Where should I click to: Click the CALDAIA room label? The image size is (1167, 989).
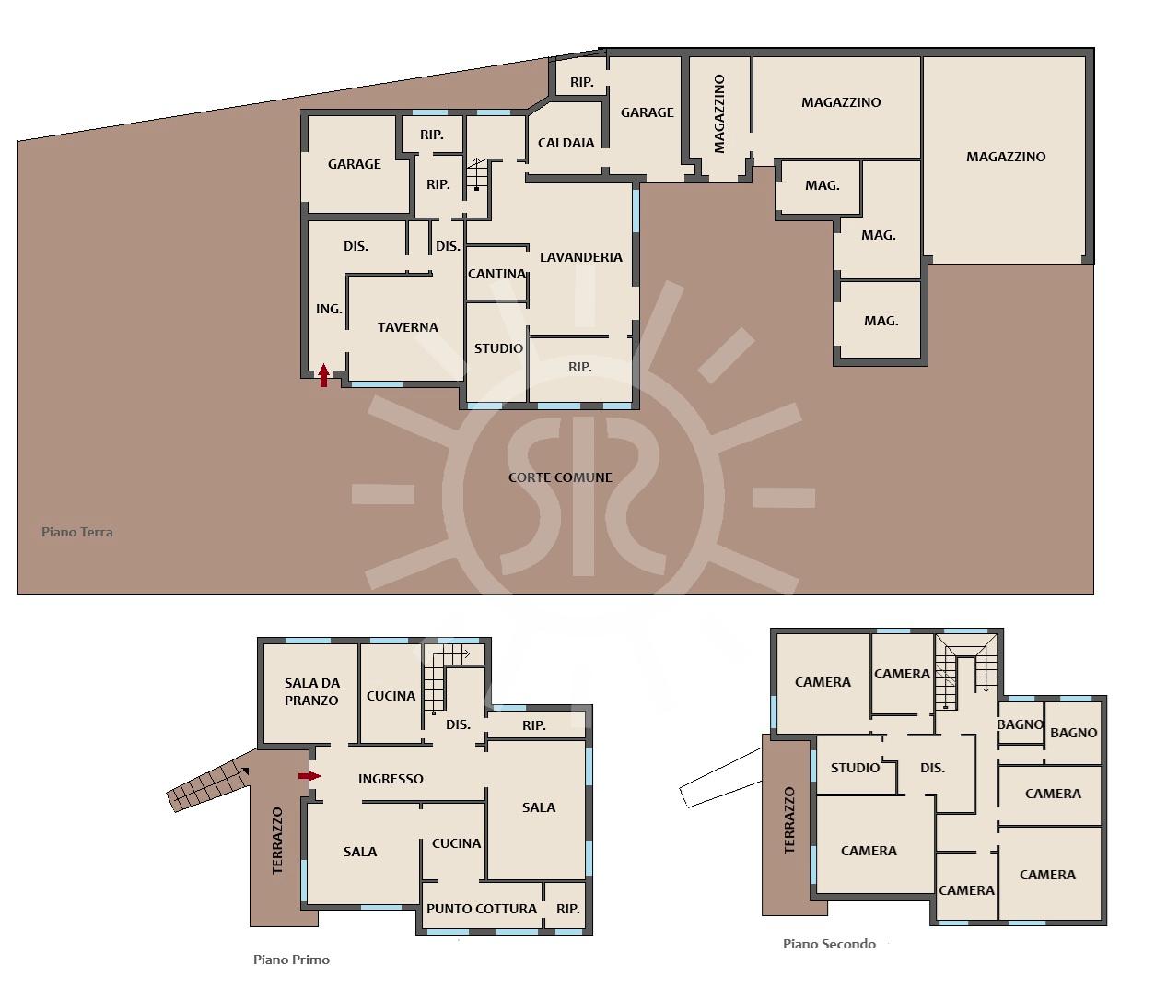click(566, 143)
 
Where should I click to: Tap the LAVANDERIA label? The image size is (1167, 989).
click(581, 257)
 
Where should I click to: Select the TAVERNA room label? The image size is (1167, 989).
click(408, 327)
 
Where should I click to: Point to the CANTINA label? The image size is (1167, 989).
click(496, 274)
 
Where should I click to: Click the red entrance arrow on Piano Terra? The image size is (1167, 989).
click(323, 375)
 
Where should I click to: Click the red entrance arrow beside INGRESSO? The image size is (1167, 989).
click(309, 776)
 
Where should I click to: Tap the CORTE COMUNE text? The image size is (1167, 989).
click(560, 477)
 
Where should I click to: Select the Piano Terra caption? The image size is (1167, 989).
click(77, 532)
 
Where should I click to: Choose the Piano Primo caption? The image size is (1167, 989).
click(291, 960)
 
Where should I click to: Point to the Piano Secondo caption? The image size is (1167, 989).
click(829, 944)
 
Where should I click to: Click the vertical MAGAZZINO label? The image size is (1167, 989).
click(718, 113)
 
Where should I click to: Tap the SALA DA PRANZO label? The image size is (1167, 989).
click(311, 691)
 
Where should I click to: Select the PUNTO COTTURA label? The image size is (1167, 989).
click(482, 909)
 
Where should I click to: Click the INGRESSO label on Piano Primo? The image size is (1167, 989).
click(391, 779)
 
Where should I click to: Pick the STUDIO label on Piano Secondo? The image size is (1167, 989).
click(855, 768)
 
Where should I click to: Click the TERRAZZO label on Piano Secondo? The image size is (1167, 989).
click(789, 820)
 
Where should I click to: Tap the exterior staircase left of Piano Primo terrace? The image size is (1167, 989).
click(208, 785)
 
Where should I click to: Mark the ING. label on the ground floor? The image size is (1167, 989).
click(329, 309)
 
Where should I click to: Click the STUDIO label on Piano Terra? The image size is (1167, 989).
click(498, 348)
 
